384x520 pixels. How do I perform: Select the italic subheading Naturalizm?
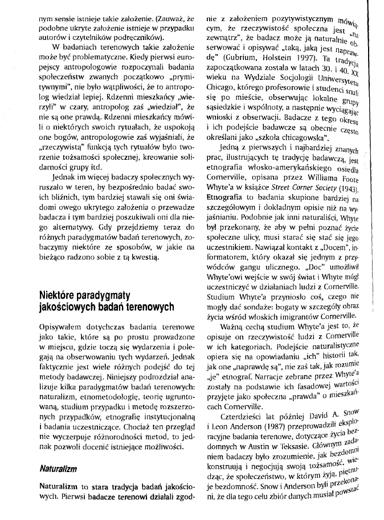pyautogui.click(x=58, y=468)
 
